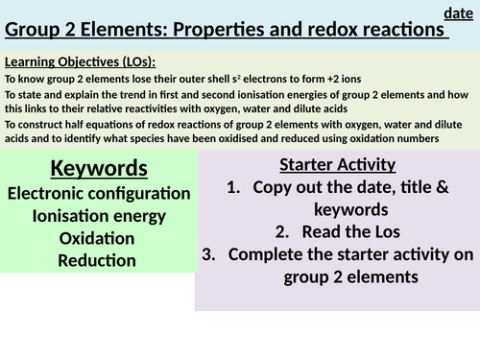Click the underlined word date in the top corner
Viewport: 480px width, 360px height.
(458, 12)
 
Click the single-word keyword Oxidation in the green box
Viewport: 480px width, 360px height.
(96, 238)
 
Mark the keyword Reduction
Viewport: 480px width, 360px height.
(96, 260)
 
